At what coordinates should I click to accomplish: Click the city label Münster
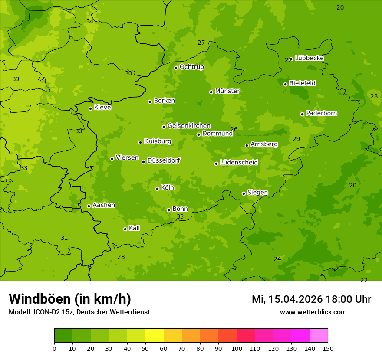tap(227, 91)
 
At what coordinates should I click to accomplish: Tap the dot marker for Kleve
tap(90, 108)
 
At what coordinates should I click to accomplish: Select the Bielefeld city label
tap(302, 83)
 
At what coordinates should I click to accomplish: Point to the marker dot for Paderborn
tap(302, 114)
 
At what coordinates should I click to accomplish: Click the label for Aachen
tap(104, 205)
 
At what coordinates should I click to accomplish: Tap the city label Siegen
tap(257, 193)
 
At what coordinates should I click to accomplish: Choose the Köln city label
tap(168, 188)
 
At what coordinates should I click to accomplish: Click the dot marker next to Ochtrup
tap(176, 68)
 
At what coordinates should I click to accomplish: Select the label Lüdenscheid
tap(239, 163)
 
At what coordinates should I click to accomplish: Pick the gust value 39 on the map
tap(16, 79)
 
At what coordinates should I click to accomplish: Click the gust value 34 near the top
tap(90, 21)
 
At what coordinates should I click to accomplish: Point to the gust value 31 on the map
tap(64, 238)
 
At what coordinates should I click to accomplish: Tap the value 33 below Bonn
tap(180, 216)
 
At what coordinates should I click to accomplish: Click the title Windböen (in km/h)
tap(70, 299)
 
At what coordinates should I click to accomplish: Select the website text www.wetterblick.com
tap(313, 312)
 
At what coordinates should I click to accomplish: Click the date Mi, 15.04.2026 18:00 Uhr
tap(311, 299)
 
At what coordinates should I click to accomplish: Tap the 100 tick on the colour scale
tap(237, 348)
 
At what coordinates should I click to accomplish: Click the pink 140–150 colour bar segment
tap(319, 336)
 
